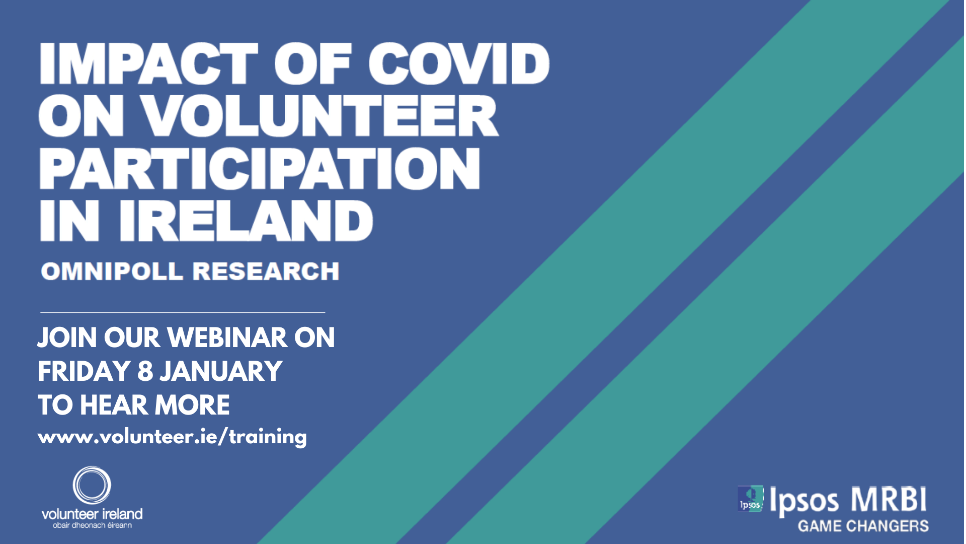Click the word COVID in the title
click(459, 63)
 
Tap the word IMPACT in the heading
click(149, 63)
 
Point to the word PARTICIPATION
click(260, 168)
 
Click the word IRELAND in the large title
click(246, 221)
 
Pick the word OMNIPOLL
click(112, 271)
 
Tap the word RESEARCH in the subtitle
click(266, 271)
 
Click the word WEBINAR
click(227, 337)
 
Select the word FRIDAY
click(84, 371)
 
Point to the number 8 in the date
click(145, 371)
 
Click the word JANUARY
click(221, 371)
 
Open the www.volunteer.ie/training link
click(172, 437)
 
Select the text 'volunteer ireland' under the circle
click(92, 514)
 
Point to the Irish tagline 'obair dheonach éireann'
click(92, 525)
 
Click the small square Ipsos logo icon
click(750, 499)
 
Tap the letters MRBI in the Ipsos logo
click(889, 500)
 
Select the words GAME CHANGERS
click(863, 526)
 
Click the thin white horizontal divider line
click(183, 312)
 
